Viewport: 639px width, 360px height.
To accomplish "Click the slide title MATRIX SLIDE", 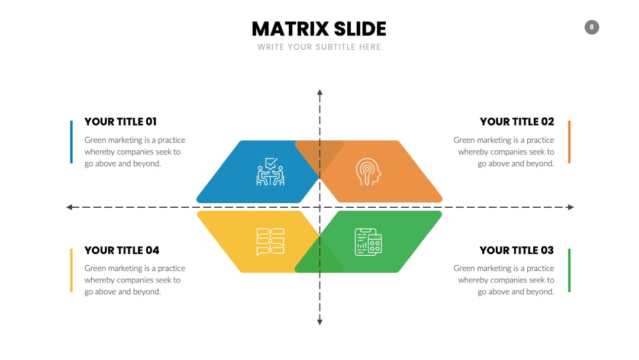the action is tap(319, 29).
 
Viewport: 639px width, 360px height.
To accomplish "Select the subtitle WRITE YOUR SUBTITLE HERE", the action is tap(319, 47).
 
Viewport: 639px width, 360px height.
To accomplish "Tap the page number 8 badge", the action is tap(592, 27).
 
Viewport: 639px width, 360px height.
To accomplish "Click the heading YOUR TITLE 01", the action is tap(121, 121).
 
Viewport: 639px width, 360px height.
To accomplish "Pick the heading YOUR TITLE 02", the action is tap(517, 121).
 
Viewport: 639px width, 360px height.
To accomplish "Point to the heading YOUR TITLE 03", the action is tap(517, 250).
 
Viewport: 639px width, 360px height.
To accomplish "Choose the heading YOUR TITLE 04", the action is tap(122, 250).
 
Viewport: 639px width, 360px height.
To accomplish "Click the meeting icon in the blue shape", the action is tap(270, 172).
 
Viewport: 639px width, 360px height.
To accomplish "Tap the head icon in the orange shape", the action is tap(368, 172).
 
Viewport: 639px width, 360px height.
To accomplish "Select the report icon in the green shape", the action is tap(368, 242).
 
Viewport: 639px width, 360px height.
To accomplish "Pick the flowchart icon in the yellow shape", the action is tap(270, 242).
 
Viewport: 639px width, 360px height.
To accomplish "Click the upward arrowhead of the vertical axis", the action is tap(320, 92).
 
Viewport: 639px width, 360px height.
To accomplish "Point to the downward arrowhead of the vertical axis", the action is tap(320, 322).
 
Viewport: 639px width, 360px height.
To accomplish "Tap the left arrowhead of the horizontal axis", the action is tap(69, 207).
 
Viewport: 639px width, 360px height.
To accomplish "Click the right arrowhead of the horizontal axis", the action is tap(571, 207).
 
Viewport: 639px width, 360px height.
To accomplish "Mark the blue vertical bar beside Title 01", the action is tap(72, 142).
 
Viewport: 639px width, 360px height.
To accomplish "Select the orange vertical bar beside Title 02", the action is tap(569, 142).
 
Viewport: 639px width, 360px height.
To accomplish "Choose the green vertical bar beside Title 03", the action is tap(569, 271).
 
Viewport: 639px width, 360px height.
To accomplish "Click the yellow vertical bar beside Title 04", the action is tap(72, 271).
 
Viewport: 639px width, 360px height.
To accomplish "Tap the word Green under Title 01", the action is tap(95, 140).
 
